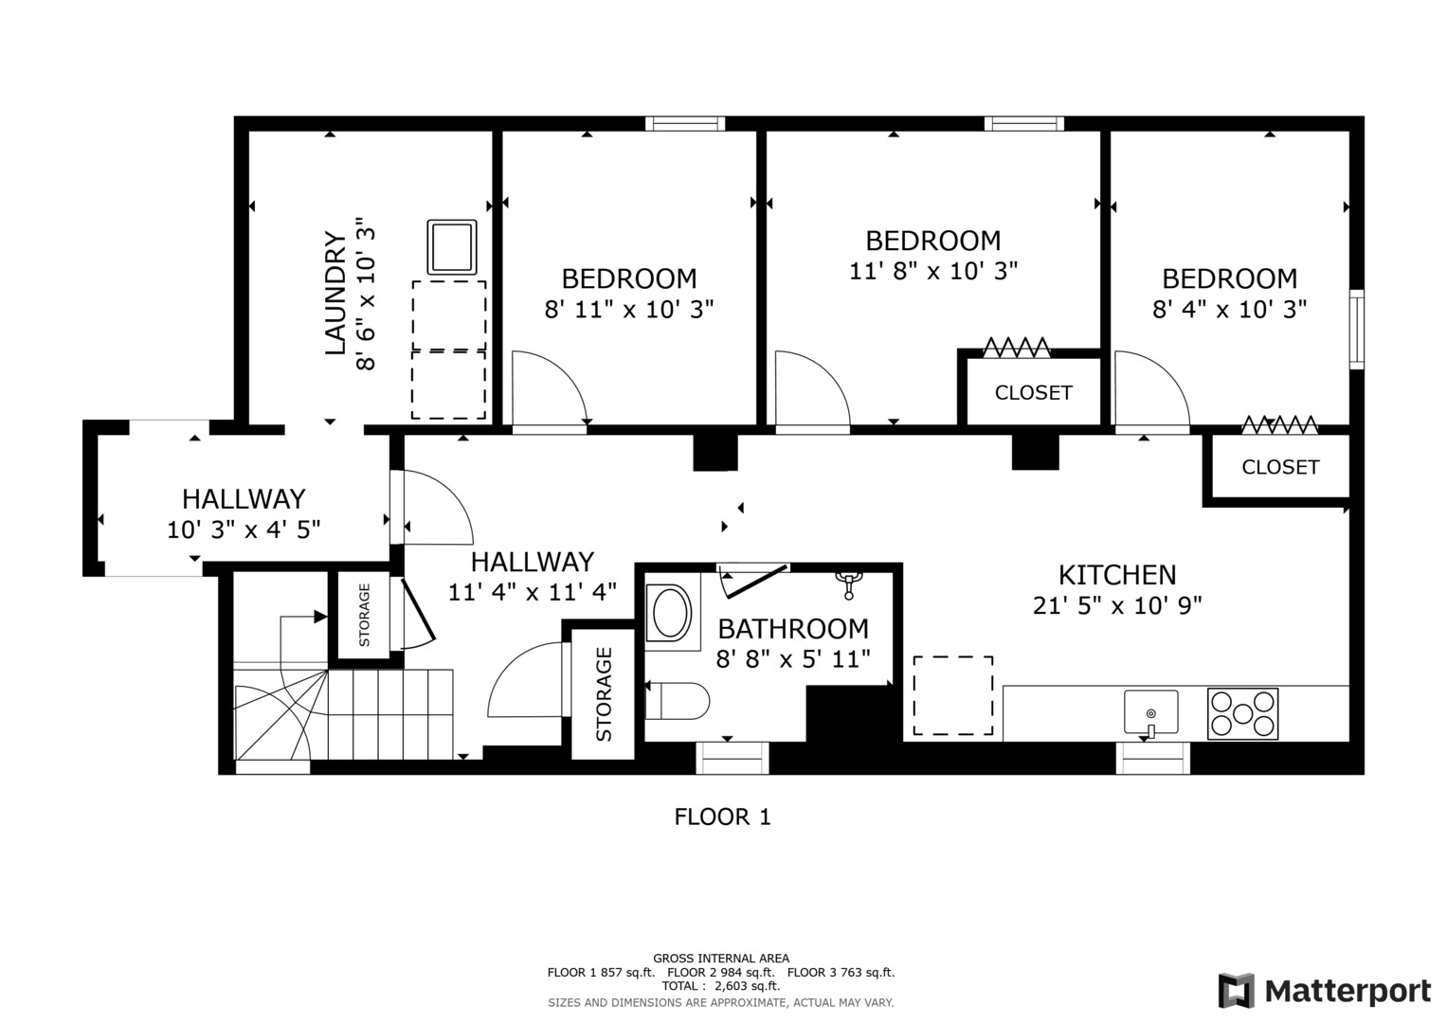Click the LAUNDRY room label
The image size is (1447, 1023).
click(335, 294)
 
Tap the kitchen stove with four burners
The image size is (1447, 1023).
click(1242, 713)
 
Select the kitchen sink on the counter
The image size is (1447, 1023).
click(1150, 711)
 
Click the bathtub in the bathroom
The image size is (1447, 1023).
click(671, 613)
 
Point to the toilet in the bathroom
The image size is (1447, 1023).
click(679, 702)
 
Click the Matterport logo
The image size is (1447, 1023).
click(1324, 991)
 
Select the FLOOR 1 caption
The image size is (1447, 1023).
click(722, 817)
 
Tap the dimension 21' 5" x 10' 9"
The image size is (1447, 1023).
click(1117, 605)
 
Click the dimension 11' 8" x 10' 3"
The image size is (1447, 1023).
click(932, 271)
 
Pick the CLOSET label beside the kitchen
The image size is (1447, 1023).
click(1279, 467)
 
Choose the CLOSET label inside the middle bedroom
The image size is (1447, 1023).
click(1033, 392)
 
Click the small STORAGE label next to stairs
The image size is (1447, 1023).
click(364, 614)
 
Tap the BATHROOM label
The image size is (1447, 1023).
click(792, 628)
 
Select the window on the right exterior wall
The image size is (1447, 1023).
click(1356, 329)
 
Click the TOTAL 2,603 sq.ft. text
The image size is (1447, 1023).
click(720, 986)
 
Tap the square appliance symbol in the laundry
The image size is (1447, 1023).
click(452, 246)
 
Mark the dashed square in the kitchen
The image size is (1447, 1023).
click(952, 695)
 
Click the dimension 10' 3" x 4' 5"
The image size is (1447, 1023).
click(244, 529)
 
